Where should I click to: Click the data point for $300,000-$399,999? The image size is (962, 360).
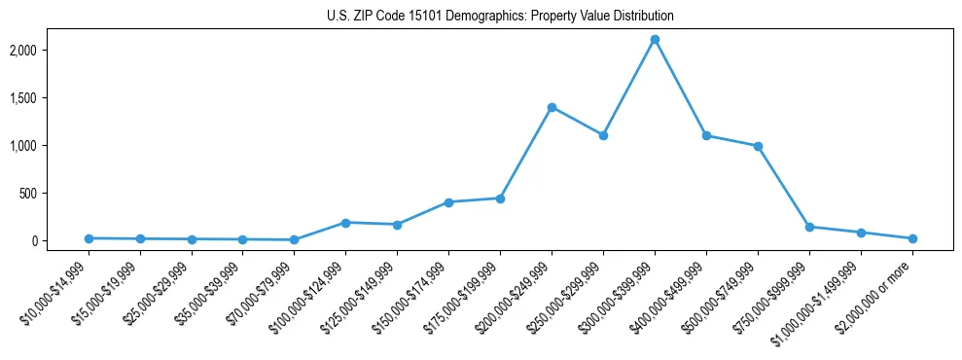tap(655, 40)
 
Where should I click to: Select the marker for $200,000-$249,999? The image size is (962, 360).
tap(552, 107)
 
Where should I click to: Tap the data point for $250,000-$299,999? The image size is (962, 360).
tap(603, 135)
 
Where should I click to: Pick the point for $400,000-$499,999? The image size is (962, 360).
tap(706, 135)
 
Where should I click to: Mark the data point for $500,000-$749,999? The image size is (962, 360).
tap(758, 146)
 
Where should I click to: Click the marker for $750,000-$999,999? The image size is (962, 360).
tap(809, 227)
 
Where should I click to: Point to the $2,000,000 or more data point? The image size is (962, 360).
tap(912, 238)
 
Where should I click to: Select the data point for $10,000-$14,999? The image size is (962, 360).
tap(89, 238)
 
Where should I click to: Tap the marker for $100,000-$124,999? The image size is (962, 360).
tap(345, 223)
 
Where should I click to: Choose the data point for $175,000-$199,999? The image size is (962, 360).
tap(500, 198)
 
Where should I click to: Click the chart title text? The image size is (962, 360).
tap(500, 17)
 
